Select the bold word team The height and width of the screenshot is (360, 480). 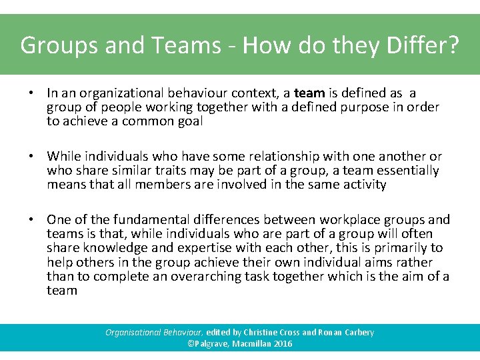point(309,93)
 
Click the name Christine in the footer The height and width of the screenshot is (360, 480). point(266,332)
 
